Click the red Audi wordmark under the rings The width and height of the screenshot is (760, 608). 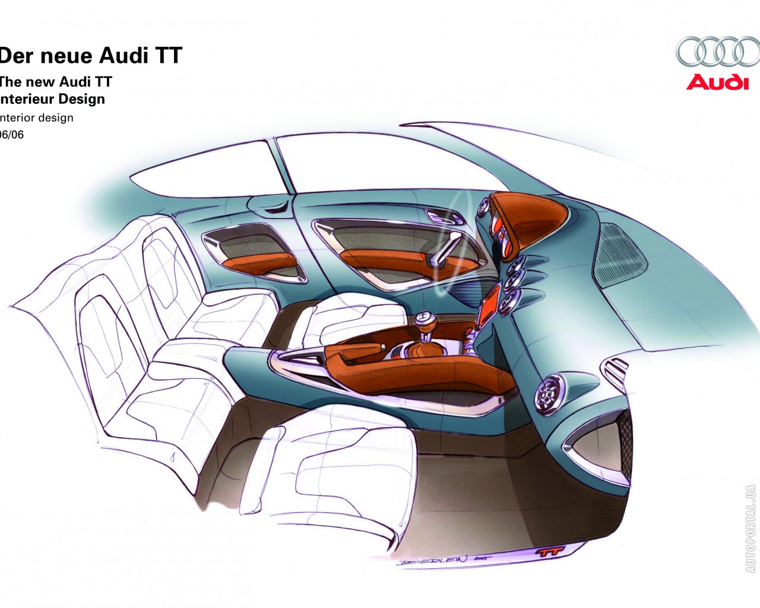[717, 82]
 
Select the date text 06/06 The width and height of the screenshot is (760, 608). [12, 135]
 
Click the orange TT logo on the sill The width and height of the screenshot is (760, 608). [550, 552]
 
